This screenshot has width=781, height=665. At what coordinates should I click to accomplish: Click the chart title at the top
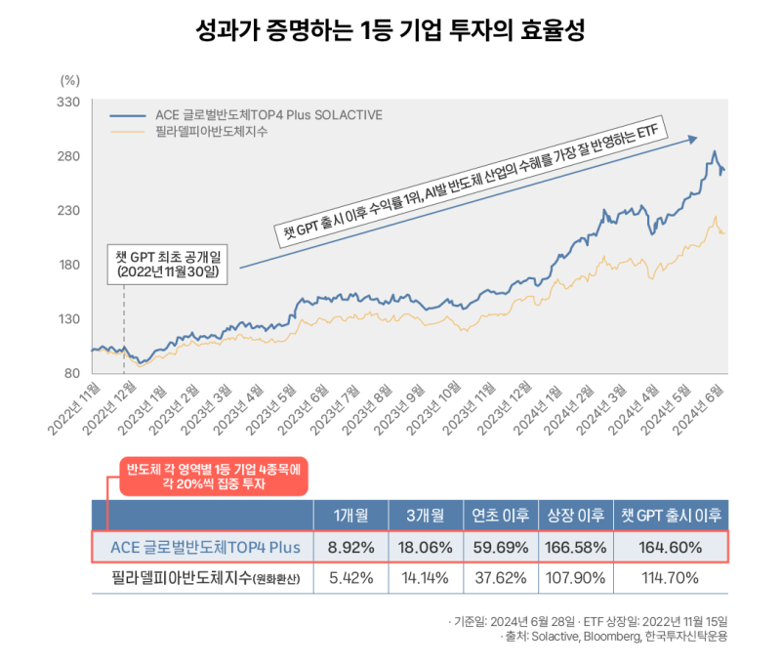pyautogui.click(x=390, y=29)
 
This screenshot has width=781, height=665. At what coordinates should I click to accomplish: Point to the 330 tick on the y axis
pyautogui.click(x=68, y=102)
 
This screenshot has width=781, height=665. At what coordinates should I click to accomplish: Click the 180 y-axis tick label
pyautogui.click(x=68, y=265)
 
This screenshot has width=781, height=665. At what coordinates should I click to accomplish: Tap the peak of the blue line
pyautogui.click(x=715, y=152)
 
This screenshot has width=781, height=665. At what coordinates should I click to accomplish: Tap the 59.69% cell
pyautogui.click(x=501, y=548)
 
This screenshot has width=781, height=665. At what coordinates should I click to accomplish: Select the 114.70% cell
pyautogui.click(x=673, y=577)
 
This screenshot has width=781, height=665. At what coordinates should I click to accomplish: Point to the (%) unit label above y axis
pyautogui.click(x=69, y=80)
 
